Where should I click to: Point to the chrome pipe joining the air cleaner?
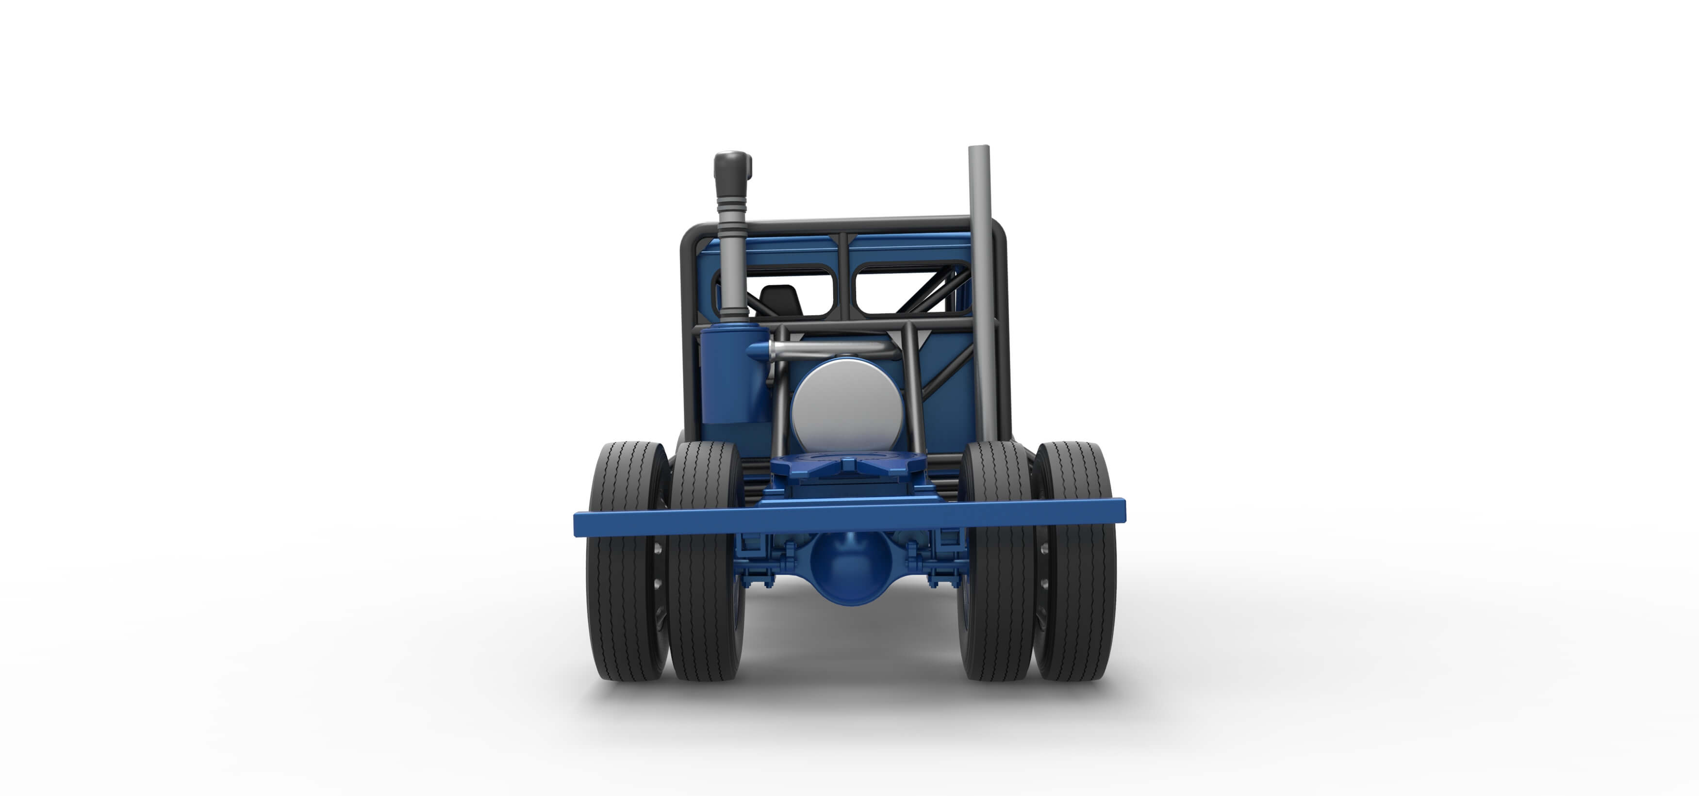825,350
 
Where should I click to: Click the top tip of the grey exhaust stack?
979,148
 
